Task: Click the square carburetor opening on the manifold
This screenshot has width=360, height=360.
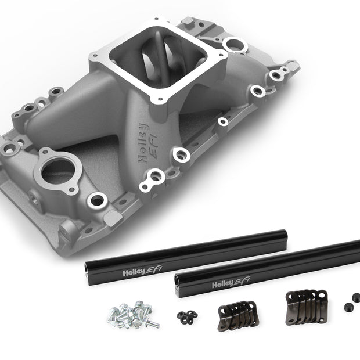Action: point(158,59)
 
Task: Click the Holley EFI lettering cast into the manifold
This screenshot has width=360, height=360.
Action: point(147,143)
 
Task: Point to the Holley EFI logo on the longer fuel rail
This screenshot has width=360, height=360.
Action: point(231,282)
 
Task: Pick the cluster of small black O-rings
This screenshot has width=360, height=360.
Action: point(187,317)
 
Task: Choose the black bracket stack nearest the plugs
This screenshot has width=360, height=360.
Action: point(306,307)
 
